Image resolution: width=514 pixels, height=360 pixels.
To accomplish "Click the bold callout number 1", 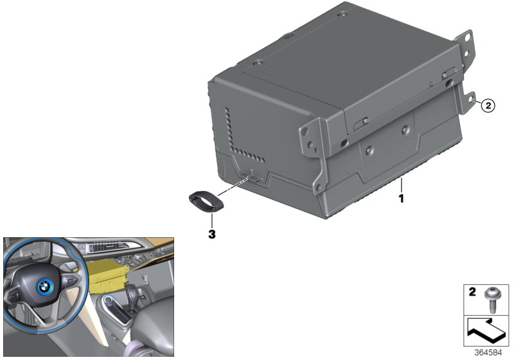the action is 401,199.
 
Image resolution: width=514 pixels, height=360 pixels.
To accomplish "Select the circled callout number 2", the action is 488,105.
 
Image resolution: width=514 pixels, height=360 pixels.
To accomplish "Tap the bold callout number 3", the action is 212,234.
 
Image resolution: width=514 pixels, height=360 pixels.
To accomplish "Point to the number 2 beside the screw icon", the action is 472,292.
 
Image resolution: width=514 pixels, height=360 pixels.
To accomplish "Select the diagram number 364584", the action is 488,353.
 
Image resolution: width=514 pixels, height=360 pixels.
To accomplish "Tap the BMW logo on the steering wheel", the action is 43,287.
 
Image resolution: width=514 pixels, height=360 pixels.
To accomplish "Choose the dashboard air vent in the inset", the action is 105,247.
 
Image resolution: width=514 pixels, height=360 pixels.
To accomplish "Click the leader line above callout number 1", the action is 401,185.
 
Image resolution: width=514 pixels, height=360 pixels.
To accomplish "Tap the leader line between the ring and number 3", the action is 212,221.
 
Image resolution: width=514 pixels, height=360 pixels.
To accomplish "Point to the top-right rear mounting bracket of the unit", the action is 465,50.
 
